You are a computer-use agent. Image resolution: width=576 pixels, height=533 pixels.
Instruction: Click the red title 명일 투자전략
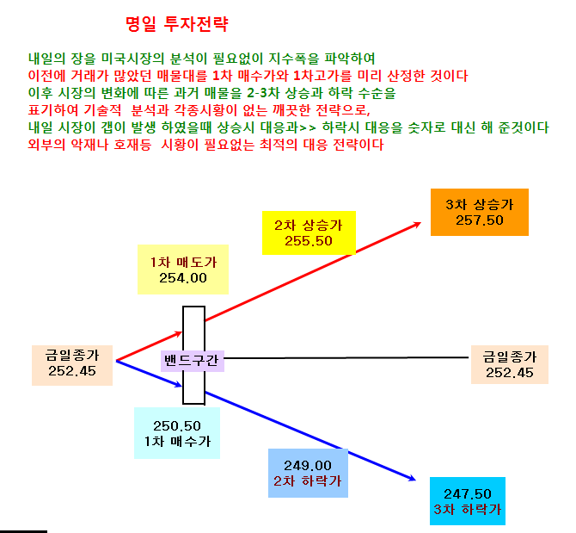click(x=177, y=24)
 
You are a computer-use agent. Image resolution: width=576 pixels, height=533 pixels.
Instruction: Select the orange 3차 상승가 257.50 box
click(x=480, y=212)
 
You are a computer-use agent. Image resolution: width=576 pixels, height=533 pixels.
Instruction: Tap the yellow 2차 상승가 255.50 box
click(x=309, y=232)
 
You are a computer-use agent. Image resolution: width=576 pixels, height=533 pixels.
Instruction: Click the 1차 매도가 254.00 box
click(x=183, y=270)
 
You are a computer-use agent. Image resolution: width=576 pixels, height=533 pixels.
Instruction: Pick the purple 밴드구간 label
click(x=192, y=360)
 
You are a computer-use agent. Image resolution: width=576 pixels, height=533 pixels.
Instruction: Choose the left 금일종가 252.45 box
click(x=72, y=365)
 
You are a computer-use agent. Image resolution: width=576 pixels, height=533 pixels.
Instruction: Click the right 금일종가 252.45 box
click(x=510, y=364)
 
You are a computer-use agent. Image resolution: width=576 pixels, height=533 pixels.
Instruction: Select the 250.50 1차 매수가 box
click(x=177, y=433)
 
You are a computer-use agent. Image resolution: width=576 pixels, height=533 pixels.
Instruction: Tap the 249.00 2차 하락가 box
click(x=308, y=473)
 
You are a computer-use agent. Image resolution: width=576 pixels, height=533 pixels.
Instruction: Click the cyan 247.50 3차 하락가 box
click(x=468, y=501)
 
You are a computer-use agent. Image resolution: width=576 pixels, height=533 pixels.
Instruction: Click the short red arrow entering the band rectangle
click(x=149, y=346)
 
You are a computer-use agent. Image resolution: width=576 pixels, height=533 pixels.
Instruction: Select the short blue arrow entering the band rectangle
click(x=149, y=374)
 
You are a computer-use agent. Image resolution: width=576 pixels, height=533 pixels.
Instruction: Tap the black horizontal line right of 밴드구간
click(x=346, y=357)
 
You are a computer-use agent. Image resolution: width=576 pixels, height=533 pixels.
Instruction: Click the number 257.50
click(x=480, y=220)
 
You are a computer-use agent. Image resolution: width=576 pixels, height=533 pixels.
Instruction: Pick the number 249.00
click(x=308, y=466)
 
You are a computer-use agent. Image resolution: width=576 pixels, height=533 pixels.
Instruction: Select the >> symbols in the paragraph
click(x=308, y=128)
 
